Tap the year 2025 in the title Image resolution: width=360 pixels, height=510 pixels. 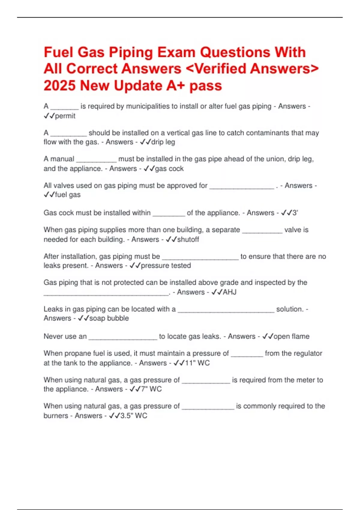coord(60,86)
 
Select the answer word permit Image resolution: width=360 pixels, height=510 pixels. coord(65,116)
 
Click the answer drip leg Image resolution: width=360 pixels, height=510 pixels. coord(163,142)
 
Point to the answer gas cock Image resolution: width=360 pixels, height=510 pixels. coord(169,169)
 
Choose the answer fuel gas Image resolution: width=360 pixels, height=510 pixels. coord(68,195)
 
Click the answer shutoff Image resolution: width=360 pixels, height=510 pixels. coord(188,239)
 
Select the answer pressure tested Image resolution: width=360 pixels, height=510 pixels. coord(166,265)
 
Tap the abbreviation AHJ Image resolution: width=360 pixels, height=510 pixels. coord(229,292)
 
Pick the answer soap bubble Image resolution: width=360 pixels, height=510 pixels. coord(109,318)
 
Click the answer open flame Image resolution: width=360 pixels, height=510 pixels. coord(291,336)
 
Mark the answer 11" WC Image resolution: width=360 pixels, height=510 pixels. coord(197,363)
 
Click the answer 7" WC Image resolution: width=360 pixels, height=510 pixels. coord(151,389)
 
